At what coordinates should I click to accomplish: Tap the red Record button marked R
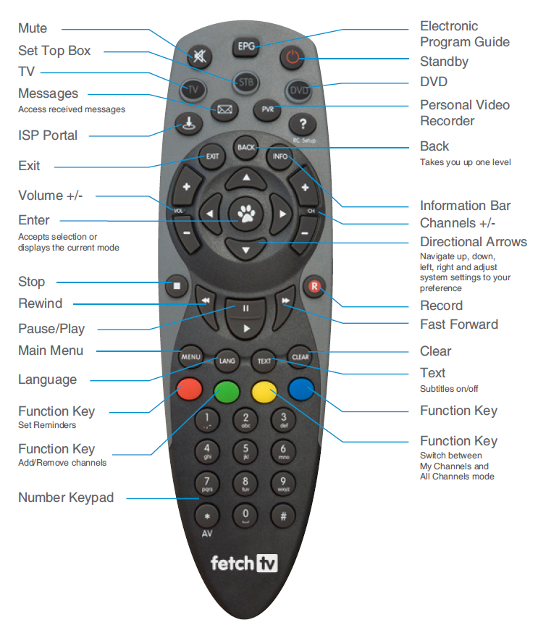[314, 285]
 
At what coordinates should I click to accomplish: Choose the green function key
[227, 392]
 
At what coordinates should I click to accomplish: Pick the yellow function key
[264, 392]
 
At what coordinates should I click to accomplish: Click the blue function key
[300, 389]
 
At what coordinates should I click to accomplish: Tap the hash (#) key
[283, 516]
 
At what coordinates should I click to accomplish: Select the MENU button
[190, 357]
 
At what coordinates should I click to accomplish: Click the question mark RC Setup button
[303, 125]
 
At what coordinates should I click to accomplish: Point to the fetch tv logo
[245, 563]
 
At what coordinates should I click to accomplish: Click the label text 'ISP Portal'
[48, 135]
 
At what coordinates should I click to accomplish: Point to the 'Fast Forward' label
[459, 324]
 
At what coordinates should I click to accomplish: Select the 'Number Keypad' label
[66, 498]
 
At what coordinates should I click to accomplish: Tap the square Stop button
[176, 285]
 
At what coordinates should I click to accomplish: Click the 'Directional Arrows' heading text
[474, 242]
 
